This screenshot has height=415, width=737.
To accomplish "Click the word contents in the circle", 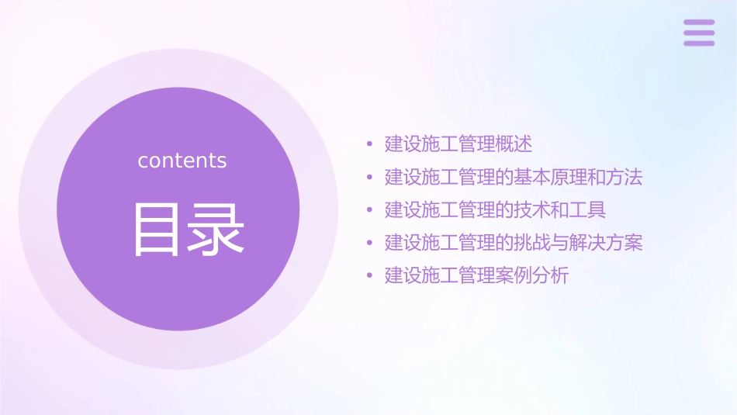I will click(x=182, y=161).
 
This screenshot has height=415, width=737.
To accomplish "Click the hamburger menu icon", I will click(x=699, y=33).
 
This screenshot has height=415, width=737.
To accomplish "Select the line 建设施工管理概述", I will click(x=458, y=144).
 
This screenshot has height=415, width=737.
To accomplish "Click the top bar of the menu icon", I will click(x=699, y=22).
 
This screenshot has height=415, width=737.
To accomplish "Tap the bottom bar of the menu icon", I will click(x=699, y=43).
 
